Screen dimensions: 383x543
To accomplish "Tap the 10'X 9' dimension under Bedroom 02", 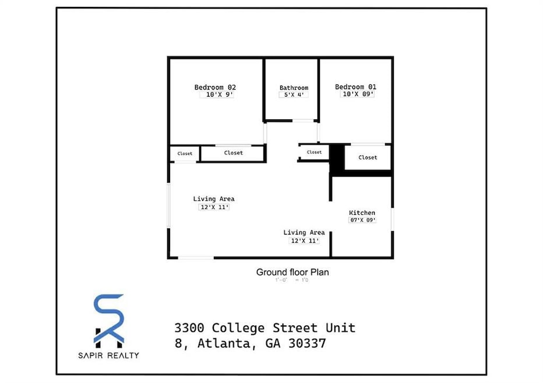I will [x=217, y=95].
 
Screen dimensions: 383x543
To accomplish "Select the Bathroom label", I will [x=294, y=88].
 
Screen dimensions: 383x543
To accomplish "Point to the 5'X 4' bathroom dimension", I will [x=294, y=95].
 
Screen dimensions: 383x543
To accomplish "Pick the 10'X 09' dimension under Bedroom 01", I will [x=357, y=94].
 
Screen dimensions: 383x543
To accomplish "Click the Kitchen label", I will [x=362, y=212].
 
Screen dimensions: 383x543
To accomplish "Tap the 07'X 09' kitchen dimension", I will [x=362, y=220].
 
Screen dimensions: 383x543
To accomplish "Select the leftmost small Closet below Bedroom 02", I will [x=185, y=154].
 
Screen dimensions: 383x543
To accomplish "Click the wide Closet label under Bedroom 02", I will [x=233, y=153].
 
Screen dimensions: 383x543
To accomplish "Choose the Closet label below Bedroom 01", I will [x=368, y=157].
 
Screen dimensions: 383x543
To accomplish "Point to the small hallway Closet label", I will [x=314, y=153].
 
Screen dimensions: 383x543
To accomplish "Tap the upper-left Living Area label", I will [x=214, y=199].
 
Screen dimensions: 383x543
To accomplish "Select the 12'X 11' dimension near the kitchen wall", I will [x=304, y=240].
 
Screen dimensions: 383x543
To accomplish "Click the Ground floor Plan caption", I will [x=292, y=272].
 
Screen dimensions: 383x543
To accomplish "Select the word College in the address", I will [x=237, y=328].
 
